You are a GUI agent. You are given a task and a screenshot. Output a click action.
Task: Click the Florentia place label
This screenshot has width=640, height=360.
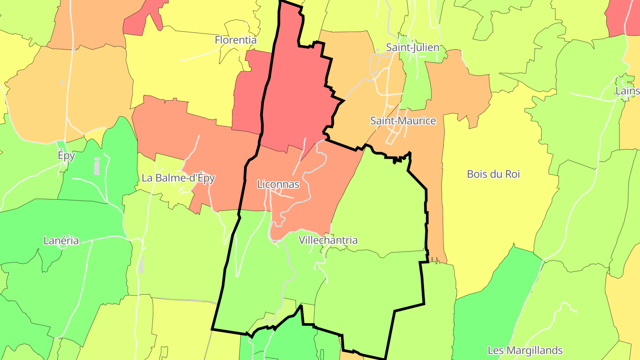pyautogui.click(x=236, y=40)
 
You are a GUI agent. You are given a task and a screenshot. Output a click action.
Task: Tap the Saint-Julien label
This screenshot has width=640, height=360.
pyautogui.click(x=412, y=48)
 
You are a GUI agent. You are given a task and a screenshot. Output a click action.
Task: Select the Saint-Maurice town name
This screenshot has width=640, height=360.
pyautogui.click(x=403, y=121)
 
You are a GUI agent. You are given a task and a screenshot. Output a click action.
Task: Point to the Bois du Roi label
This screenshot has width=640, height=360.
pyautogui.click(x=493, y=174)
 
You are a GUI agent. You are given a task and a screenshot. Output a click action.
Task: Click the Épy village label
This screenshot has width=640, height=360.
pyautogui.click(x=66, y=156)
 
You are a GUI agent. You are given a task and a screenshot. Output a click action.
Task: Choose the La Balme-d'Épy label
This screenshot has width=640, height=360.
pyautogui.click(x=178, y=178)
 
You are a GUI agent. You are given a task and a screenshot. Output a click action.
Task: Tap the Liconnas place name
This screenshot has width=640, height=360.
pyautogui.click(x=278, y=184)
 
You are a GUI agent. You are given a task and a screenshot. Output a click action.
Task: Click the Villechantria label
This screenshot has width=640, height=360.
pyautogui.click(x=328, y=240)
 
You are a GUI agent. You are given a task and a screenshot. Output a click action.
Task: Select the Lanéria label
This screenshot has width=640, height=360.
pyautogui.click(x=61, y=241)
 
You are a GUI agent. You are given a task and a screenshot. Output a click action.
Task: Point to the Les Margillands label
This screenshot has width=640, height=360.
pyautogui.click(x=525, y=350)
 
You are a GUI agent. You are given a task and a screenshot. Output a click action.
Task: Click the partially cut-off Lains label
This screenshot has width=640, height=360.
pyautogui.click(x=627, y=91)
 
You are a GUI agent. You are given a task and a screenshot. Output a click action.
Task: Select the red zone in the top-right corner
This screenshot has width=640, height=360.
pyautogui.click(x=622, y=18)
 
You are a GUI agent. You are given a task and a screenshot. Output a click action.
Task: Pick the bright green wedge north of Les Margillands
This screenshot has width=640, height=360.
pyautogui.click(x=493, y=302)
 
